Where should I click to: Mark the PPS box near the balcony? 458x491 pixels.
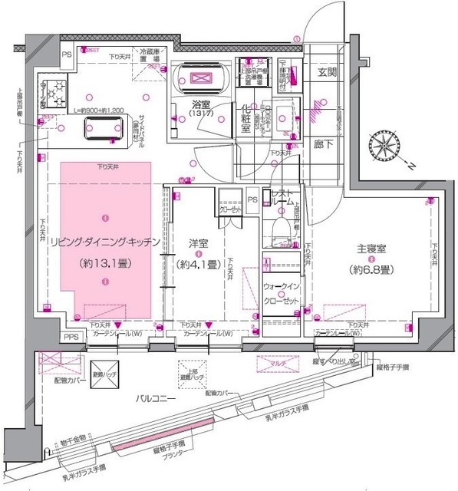71,337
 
